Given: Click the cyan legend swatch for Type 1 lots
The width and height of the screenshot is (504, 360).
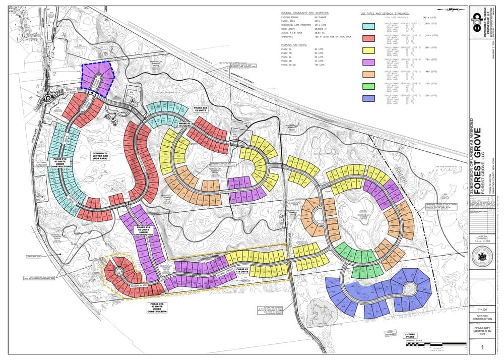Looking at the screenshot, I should [x=368, y=24].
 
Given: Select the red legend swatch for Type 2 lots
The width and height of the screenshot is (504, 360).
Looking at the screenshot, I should [x=368, y=38].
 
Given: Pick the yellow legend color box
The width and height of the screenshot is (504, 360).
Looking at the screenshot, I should [x=368, y=50].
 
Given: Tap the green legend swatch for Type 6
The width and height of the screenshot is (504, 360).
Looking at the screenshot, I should [x=368, y=86].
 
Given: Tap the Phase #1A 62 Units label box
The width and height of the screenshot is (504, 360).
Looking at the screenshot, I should [x=60, y=163].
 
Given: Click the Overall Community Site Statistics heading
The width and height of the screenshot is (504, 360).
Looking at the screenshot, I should [x=304, y=14].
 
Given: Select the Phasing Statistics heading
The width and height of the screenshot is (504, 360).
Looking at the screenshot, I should [x=297, y=44].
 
